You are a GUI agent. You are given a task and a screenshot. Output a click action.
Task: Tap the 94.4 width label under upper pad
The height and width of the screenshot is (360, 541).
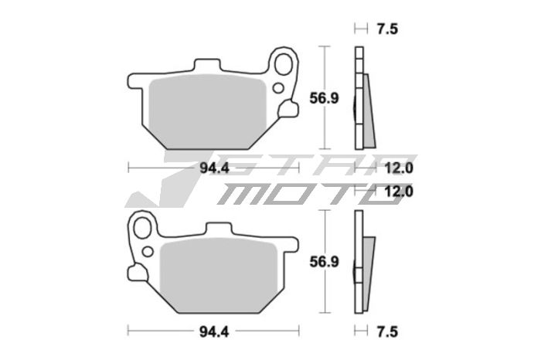pyautogui.click(x=214, y=168)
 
